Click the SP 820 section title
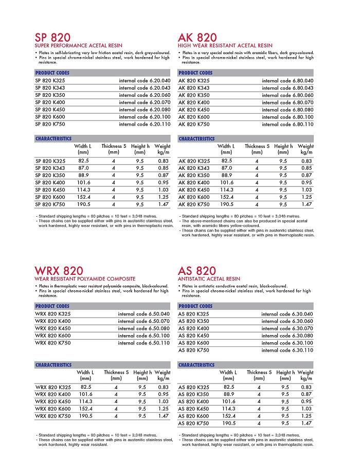(x=53, y=38)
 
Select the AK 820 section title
(x=197, y=38)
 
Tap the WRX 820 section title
(x=59, y=271)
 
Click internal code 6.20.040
(x=145, y=81)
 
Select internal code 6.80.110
(x=287, y=124)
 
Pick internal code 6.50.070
(x=143, y=321)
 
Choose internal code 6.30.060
(x=287, y=321)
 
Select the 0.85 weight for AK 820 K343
(x=307, y=168)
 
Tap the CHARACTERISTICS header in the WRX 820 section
(x=53, y=365)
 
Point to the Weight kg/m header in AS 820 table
(x=305, y=375)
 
